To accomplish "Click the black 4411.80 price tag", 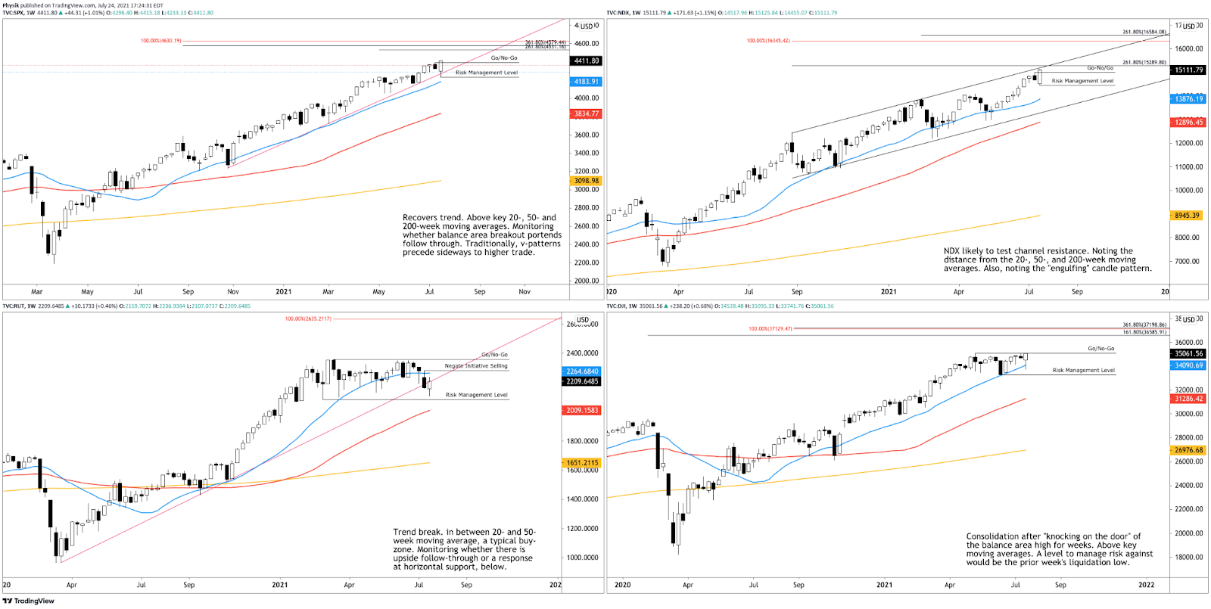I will [586, 61].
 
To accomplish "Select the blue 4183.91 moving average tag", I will [586, 82].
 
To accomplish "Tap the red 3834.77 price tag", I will [586, 114].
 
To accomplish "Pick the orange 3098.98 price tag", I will [586, 181].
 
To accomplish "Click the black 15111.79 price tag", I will [1188, 70].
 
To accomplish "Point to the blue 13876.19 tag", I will [1188, 99].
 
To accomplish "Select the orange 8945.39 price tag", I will [1187, 216].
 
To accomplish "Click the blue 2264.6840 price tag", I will [582, 371].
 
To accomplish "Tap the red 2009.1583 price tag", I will [582, 410].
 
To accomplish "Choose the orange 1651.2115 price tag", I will [582, 462].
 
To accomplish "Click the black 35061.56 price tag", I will [1188, 353].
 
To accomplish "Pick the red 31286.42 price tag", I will [1188, 399].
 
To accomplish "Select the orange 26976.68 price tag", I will [1188, 450].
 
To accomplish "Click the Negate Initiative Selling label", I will [476, 366].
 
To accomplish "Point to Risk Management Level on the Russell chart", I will [476, 395].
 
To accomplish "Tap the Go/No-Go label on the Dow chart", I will [1100, 349].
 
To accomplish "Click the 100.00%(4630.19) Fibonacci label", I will [160, 41].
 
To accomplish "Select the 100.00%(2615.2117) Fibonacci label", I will [308, 318].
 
